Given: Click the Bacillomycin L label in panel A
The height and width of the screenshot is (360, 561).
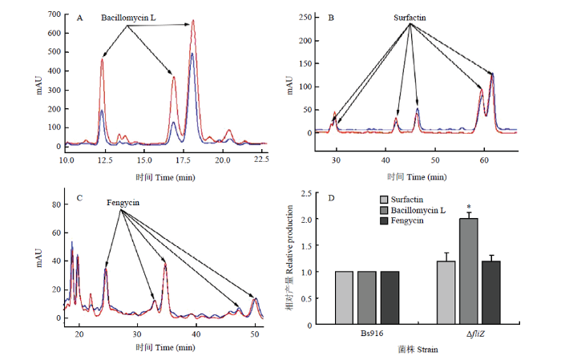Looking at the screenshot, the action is point(128,18).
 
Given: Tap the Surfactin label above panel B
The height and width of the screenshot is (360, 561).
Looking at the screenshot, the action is point(410,18).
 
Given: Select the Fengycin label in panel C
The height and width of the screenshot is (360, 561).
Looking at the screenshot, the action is point(123,203).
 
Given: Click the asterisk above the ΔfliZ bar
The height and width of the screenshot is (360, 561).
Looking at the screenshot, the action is point(469,207).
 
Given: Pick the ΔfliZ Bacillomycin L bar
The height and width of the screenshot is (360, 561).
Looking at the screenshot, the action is point(469,271).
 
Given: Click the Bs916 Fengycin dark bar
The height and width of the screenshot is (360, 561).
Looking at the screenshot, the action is point(389,297).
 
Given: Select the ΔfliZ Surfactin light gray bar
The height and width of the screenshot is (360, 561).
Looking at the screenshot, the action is point(446,293).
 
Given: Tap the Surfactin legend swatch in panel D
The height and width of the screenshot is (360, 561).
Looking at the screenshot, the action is point(384,200).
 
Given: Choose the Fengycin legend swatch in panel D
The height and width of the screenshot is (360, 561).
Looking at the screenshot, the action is point(384,220).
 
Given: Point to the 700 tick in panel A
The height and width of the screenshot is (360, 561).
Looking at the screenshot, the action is point(54,14).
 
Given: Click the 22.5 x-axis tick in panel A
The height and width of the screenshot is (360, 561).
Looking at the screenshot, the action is point(261,160).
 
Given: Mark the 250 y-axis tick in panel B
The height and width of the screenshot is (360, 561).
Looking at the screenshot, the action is point(305,17).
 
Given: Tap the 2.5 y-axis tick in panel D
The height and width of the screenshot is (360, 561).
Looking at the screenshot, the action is point(307,193).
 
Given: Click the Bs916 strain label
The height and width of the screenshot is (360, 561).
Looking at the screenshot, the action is point(372,334).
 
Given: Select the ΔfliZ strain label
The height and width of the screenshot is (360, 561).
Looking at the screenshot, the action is point(475,334).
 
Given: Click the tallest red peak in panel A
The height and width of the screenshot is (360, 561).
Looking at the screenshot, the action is point(193,21).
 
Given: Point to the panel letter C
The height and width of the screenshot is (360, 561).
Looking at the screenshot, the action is point(79,198).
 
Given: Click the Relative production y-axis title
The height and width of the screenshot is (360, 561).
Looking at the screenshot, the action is point(290,257).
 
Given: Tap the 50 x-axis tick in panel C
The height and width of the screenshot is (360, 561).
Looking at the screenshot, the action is point(255,334).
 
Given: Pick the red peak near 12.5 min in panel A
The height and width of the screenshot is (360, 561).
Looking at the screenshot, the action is point(102,59).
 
